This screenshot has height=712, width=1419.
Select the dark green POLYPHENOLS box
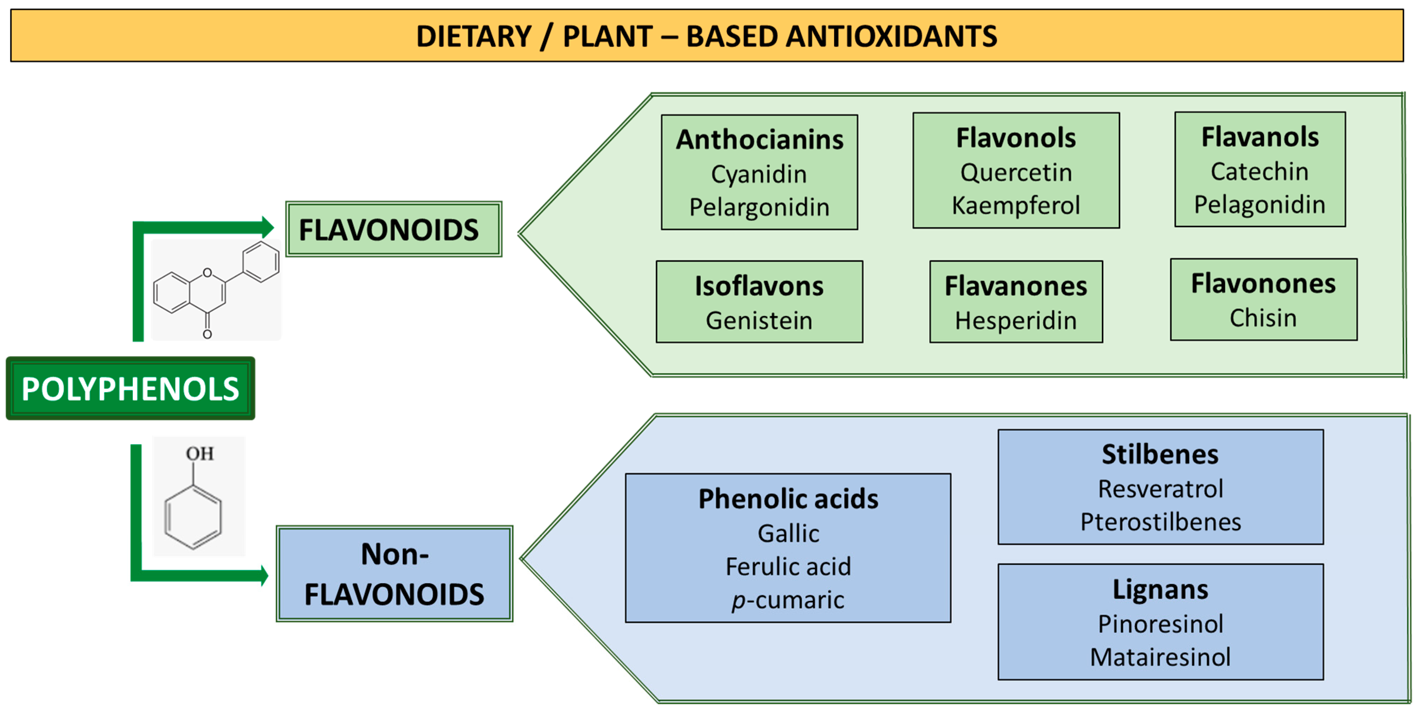(130, 389)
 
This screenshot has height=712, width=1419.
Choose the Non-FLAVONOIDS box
(394, 574)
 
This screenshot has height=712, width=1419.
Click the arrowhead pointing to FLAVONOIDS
(268, 227)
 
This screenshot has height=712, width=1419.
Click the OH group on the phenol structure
(199, 454)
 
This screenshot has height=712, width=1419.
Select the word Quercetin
(1016, 172)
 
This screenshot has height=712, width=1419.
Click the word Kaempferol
(1016, 206)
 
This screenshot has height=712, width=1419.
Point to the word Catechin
(1259, 171)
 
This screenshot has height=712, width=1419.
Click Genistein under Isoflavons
(759, 321)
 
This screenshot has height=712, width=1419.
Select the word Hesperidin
(1016, 321)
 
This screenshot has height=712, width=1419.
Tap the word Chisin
(1263, 318)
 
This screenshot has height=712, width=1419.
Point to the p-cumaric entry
(788, 600)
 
